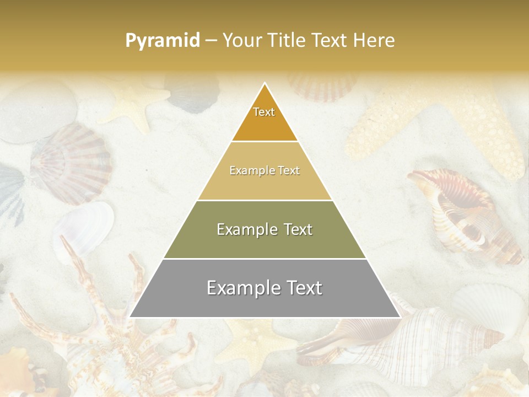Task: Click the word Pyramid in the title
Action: [x=162, y=41]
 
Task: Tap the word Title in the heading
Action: [x=288, y=40]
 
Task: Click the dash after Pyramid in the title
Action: [x=210, y=41]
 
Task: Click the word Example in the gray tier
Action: [x=242, y=288]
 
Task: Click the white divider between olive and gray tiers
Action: [x=264, y=259]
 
